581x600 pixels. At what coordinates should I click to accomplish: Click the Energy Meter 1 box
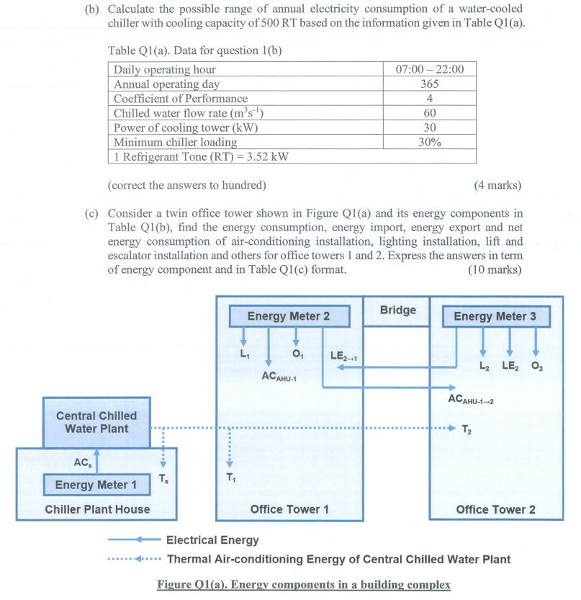(96, 485)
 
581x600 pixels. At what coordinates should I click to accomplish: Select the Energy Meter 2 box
(289, 316)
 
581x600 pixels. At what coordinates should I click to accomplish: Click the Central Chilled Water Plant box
(96, 422)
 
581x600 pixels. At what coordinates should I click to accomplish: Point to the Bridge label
(398, 310)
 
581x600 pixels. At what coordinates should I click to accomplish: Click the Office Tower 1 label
(289, 509)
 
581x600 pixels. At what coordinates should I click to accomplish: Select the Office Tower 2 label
(495, 509)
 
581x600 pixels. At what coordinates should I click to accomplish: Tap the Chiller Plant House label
(97, 509)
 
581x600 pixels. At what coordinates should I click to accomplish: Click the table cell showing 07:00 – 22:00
(430, 69)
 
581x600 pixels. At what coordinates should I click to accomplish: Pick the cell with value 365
(430, 84)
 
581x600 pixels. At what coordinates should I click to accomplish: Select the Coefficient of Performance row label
(181, 98)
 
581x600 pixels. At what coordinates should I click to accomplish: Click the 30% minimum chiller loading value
(430, 142)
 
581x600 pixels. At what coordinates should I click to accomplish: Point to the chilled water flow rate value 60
(430, 113)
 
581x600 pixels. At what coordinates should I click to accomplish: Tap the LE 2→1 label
(343, 355)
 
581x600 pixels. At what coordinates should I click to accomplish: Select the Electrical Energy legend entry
(212, 539)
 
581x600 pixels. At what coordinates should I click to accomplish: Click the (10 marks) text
(494, 270)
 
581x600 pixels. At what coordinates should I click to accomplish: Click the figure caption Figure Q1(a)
(303, 584)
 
